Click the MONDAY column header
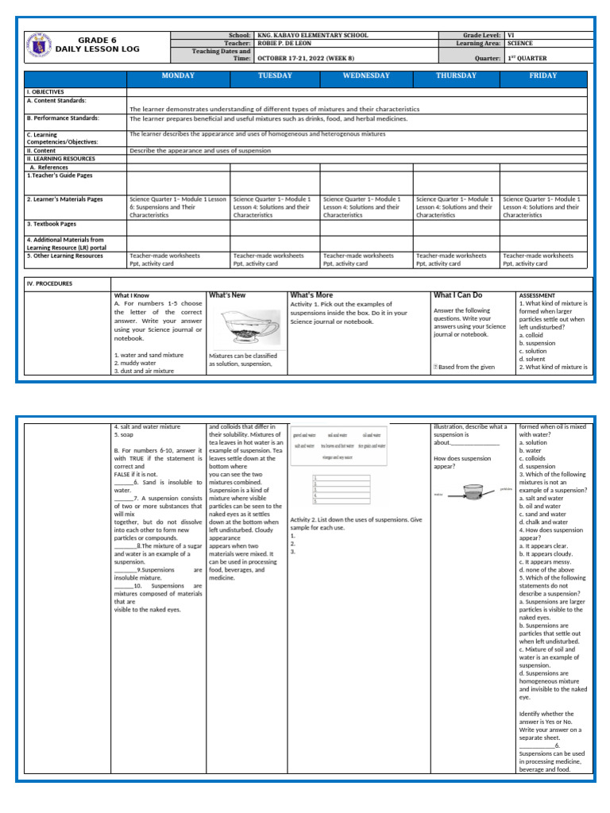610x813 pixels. [x=178, y=76]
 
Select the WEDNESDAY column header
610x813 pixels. [x=365, y=76]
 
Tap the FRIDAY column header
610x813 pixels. [x=543, y=76]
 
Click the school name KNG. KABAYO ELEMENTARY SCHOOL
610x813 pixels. [x=314, y=36]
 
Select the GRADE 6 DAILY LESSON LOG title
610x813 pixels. [x=108, y=44]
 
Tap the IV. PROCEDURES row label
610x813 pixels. [x=50, y=283]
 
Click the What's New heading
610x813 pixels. [x=227, y=295]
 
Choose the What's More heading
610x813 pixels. [x=311, y=295]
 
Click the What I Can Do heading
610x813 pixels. [x=457, y=295]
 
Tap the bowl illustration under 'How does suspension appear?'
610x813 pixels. [x=473, y=493]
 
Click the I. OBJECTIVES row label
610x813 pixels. [x=45, y=92]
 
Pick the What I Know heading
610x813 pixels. [x=131, y=295]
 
